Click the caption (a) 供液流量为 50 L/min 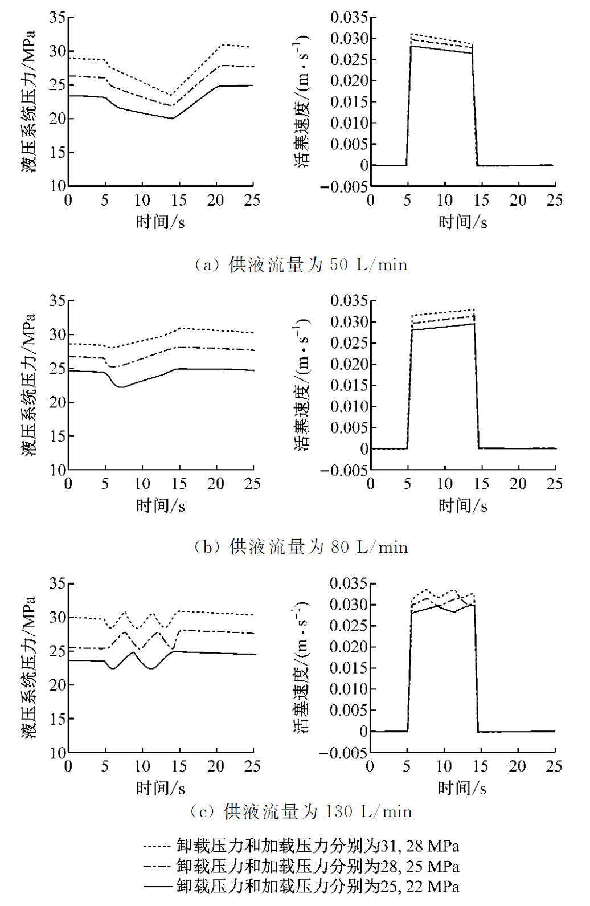coord(301,264)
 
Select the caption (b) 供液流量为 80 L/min coord(301,547)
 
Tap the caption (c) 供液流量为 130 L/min coord(301,811)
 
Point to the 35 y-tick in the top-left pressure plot coord(58,18)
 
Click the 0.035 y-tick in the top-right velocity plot coord(349,18)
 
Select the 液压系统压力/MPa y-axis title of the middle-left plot coord(28,385)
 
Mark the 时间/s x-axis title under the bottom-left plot coord(161,788)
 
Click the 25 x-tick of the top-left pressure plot coord(252,200)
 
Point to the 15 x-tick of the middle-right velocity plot coord(481,484)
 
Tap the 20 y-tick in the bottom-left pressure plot coord(58,685)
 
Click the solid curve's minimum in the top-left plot coord(172,118)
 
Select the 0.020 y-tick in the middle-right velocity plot coord(349,364)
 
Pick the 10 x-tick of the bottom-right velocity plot coord(444,766)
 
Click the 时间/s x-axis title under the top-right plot coord(463,222)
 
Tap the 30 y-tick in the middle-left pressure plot coord(58,334)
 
